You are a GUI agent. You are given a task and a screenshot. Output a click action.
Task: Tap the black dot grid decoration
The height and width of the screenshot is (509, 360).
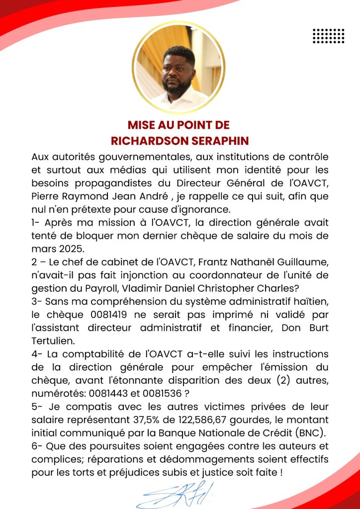click(329, 36)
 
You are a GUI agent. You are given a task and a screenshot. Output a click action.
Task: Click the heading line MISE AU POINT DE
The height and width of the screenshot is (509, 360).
click(179, 125)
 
